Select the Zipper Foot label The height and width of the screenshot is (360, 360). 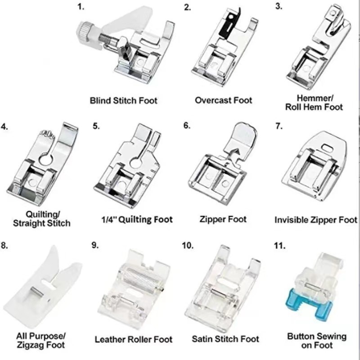pyautogui.click(x=223, y=219)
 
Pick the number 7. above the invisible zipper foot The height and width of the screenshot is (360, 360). pyautogui.click(x=279, y=126)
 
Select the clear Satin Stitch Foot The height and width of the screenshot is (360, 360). pyautogui.click(x=223, y=288)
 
